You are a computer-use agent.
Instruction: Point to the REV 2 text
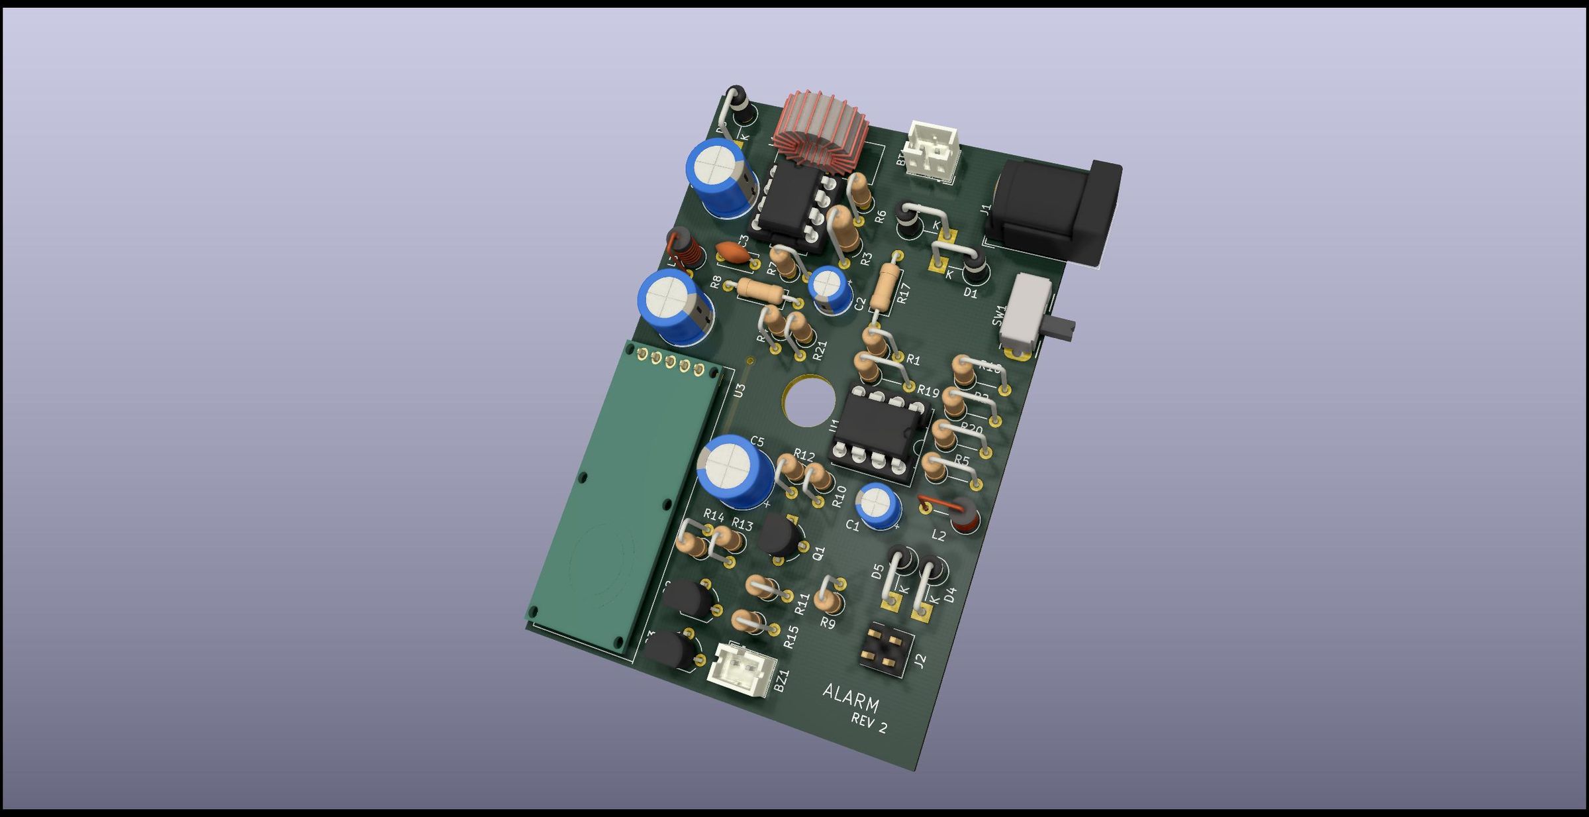pos(868,723)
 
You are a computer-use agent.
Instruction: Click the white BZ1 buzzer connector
pos(741,670)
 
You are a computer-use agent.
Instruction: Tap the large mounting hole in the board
pos(807,401)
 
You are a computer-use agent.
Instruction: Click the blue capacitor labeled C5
pos(734,470)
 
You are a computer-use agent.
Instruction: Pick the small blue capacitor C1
pos(878,505)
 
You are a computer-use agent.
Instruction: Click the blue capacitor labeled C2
pos(830,290)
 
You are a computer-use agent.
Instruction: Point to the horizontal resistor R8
pos(761,290)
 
